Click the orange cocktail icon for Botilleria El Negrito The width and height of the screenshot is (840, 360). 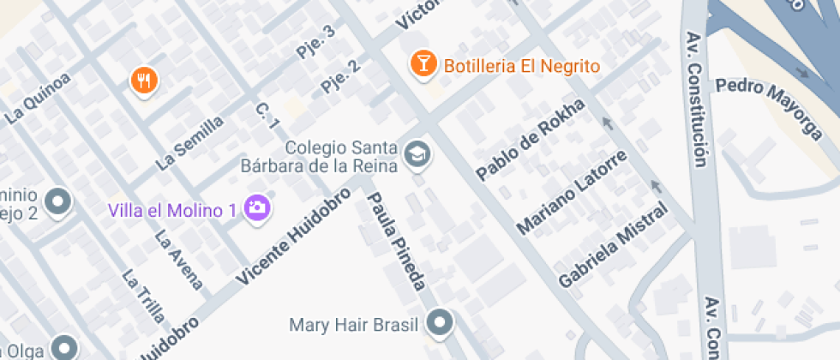pyautogui.click(x=423, y=63)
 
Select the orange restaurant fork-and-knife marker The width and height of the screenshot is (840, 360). pyautogui.click(x=144, y=81)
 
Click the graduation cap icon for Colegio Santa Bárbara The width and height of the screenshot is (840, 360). pyautogui.click(x=418, y=154)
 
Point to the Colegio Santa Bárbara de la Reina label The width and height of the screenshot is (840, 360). pyautogui.click(x=342, y=156)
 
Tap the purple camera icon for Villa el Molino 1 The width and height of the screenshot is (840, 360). pyautogui.click(x=255, y=206)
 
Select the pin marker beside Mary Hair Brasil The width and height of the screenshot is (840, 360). pyautogui.click(x=441, y=323)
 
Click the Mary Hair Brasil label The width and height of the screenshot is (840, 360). pyautogui.click(x=353, y=325)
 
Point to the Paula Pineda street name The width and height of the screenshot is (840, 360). pyautogui.click(x=396, y=241)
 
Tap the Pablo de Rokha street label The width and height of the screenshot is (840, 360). pyautogui.click(x=531, y=139)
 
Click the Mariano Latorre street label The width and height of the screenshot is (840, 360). pyautogui.click(x=572, y=192)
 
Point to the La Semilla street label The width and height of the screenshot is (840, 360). pyautogui.click(x=189, y=141)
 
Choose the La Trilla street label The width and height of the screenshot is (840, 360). pyautogui.click(x=142, y=297)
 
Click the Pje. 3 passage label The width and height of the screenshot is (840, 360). pyautogui.click(x=316, y=41)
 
